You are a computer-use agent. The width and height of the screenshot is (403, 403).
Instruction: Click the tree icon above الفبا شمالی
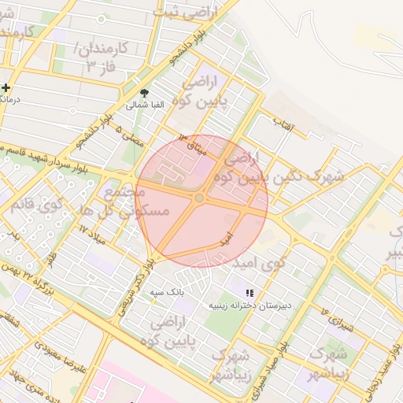pos(143,92)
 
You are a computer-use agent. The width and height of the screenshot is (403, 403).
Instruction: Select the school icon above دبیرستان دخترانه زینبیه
pos(250,293)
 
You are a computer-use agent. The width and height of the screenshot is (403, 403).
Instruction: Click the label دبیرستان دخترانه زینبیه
pos(250,304)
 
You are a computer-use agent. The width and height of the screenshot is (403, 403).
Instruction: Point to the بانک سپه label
pos(167,291)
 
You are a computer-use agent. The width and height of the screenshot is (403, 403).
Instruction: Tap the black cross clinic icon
pos(6,87)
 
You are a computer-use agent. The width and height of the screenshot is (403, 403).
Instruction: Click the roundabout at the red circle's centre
pos(200,198)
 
